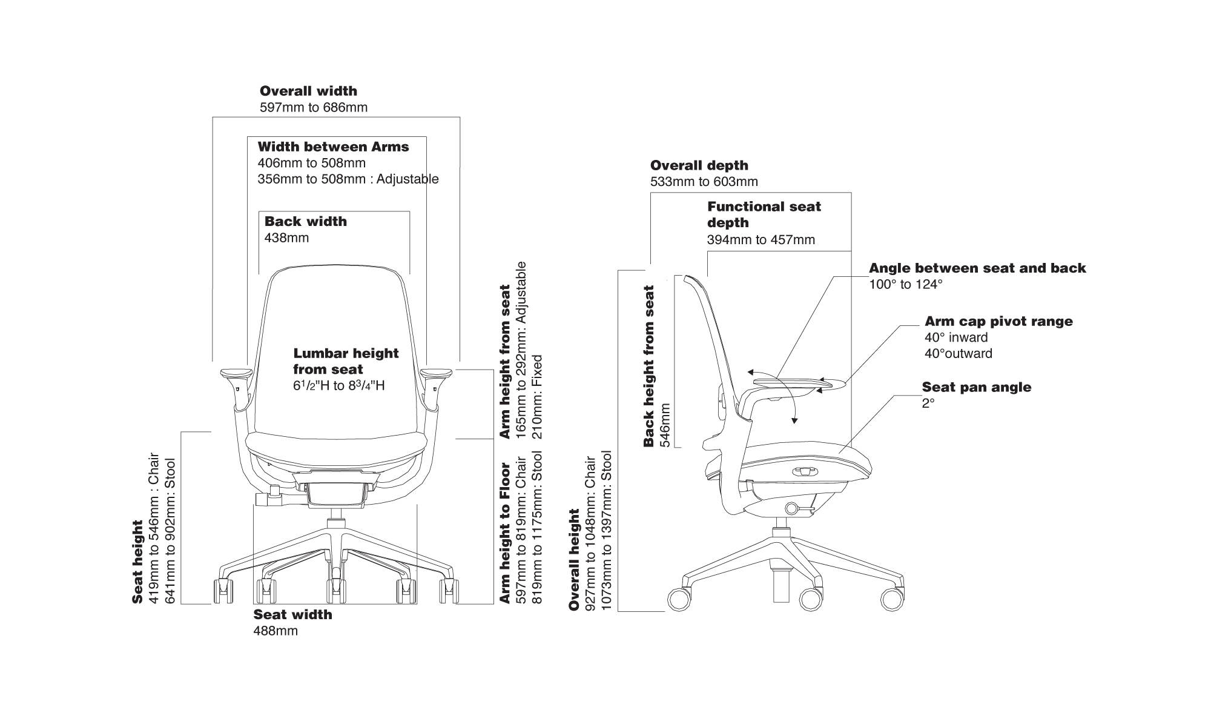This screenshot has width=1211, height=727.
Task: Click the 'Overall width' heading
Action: pos(308,91)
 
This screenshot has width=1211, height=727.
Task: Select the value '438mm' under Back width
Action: pos(286,238)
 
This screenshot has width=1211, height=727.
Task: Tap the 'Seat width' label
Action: pos(292,615)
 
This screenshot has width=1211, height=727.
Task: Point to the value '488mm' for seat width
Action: pos(276,631)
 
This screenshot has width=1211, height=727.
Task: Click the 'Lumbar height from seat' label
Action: pos(346,361)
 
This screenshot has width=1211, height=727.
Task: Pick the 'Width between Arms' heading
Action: pos(333,147)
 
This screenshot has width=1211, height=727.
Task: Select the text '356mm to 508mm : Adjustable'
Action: pos(348,179)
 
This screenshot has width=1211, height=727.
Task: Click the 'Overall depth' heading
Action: pos(699,165)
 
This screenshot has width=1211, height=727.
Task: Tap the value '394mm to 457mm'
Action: pos(761,240)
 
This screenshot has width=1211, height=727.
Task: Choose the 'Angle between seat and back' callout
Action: pos(977,268)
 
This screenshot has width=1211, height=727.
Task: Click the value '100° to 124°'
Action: pos(906,285)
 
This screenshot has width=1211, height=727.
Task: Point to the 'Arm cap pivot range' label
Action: pos(998,322)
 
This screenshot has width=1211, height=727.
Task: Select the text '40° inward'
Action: pos(955,338)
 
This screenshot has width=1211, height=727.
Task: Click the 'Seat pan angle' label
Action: pos(976,387)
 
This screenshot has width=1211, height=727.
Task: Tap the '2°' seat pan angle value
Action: pos(928,403)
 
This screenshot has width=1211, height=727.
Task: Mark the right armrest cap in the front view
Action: pos(437,372)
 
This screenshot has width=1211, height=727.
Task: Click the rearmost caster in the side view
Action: pos(679,599)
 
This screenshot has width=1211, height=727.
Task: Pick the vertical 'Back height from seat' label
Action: pos(649,366)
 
